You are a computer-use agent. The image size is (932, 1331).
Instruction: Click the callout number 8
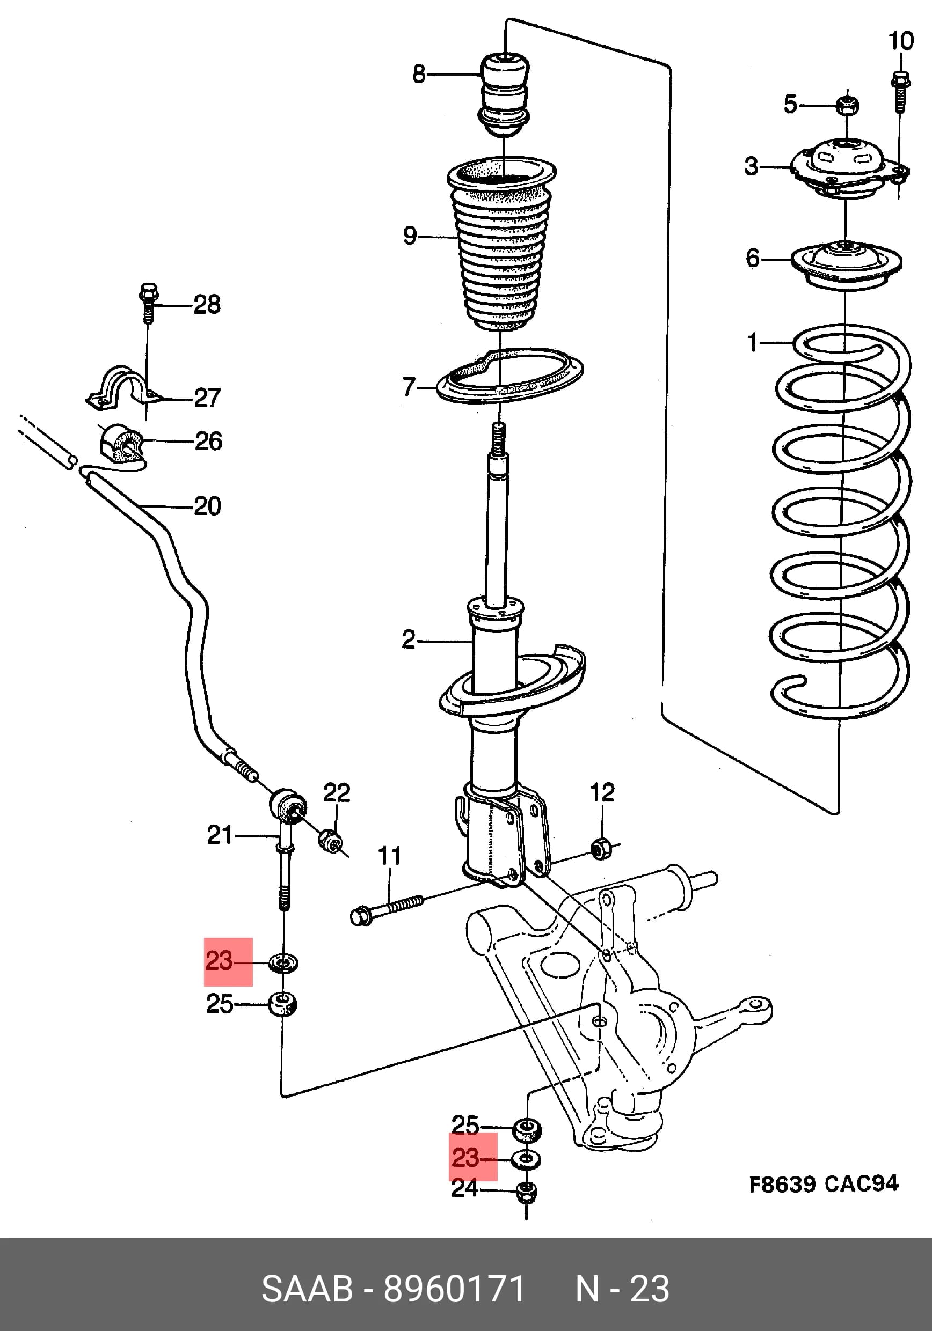pyautogui.click(x=419, y=74)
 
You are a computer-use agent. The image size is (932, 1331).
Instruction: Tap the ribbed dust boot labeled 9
pyautogui.click(x=501, y=244)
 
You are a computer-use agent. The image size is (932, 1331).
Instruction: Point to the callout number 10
pyautogui.click(x=901, y=41)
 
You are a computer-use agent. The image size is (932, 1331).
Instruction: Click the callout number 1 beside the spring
pyautogui.click(x=753, y=342)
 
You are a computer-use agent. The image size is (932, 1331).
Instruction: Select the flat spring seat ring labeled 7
pyautogui.click(x=509, y=376)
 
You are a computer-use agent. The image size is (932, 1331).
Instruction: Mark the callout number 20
pyautogui.click(x=207, y=506)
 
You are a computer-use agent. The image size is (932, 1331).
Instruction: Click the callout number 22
pyautogui.click(x=337, y=792)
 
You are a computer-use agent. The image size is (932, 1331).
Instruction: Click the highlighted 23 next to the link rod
pyautogui.click(x=219, y=961)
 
